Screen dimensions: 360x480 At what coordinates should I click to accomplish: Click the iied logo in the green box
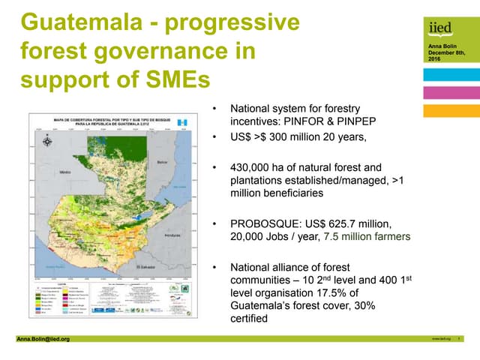(x=440, y=28)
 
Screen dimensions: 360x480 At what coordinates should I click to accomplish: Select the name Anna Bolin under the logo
(x=439, y=46)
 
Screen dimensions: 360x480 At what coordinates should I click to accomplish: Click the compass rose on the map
(x=48, y=140)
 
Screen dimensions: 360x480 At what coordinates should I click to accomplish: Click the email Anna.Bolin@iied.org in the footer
(x=43, y=339)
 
